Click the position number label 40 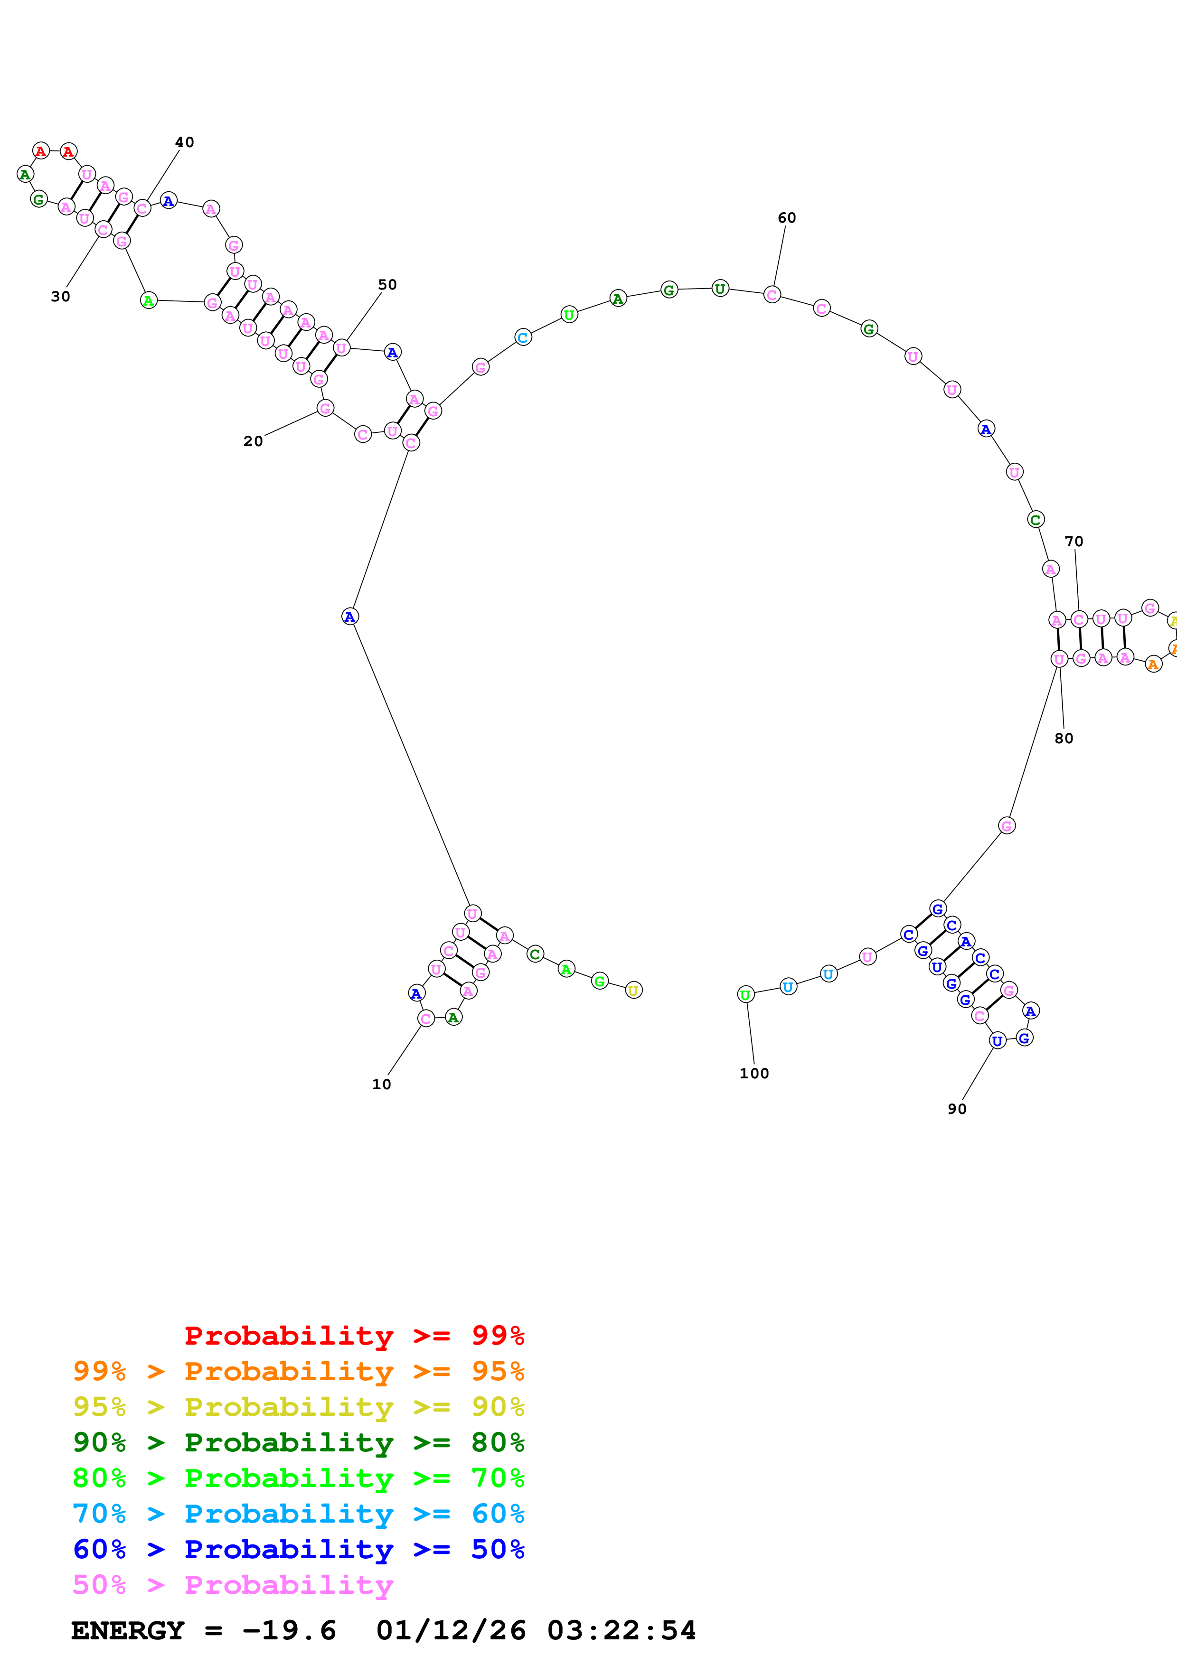click(185, 142)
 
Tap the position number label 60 click(787, 217)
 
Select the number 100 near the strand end click(754, 1073)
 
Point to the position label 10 click(381, 1084)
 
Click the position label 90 click(957, 1109)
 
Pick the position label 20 click(253, 441)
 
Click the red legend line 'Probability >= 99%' click(354, 1335)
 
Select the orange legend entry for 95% click(298, 1371)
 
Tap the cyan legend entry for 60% click(298, 1514)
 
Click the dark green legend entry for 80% click(298, 1442)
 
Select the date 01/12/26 click(451, 1630)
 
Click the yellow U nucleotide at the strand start click(633, 990)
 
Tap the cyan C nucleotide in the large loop click(523, 337)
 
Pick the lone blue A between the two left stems click(349, 617)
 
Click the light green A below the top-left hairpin click(148, 300)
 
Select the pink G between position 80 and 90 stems click(1007, 825)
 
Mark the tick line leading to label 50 click(364, 316)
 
